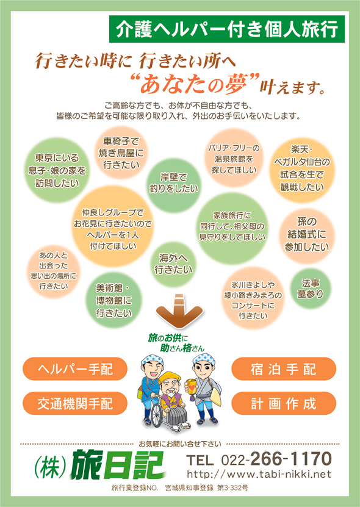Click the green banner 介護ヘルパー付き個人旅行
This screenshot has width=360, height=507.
(x=227, y=29)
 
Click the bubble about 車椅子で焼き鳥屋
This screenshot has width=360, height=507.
(x=121, y=153)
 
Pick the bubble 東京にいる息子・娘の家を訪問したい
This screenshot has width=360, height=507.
(x=57, y=170)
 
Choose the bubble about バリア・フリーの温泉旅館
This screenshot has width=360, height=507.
(x=234, y=159)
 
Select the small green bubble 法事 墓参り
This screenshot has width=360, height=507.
(x=310, y=289)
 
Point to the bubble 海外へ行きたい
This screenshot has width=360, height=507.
(x=174, y=264)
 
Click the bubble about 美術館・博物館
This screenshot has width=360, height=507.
(x=114, y=300)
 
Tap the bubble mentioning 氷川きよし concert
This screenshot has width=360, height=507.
(x=253, y=299)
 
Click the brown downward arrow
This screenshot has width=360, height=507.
(x=179, y=311)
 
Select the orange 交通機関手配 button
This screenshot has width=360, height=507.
(x=75, y=403)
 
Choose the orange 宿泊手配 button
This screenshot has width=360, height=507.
(x=284, y=369)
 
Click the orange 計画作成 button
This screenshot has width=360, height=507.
(x=284, y=403)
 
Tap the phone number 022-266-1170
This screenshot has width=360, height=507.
(x=276, y=459)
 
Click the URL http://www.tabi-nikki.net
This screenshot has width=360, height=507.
(x=259, y=474)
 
